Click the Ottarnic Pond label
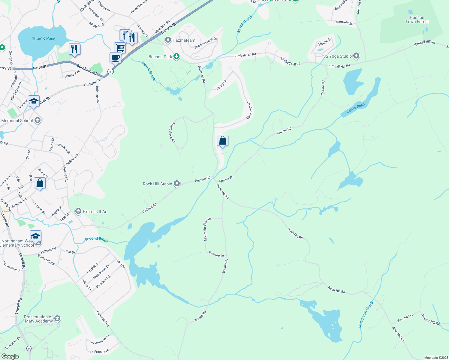click(44, 39)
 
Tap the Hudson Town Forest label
click(417, 20)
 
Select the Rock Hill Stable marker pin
click(177, 184)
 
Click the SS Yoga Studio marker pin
click(356, 56)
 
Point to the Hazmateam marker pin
click(168, 40)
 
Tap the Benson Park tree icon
click(177, 56)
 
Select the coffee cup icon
click(115, 58)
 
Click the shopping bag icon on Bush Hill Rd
click(222, 141)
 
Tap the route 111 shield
click(111, 72)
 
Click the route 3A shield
click(29, 348)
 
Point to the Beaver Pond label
click(356, 108)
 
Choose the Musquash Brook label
click(366, 314)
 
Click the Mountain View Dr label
click(207, 229)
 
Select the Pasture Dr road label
click(216, 254)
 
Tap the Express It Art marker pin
click(78, 211)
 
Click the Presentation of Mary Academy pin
click(57, 319)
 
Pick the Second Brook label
click(96, 239)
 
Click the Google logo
click(10, 356)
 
